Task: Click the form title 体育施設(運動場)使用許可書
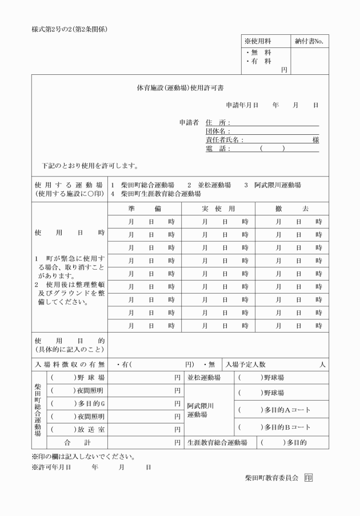[x=180, y=89]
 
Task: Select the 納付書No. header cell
[x=310, y=41]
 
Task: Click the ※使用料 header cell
[x=258, y=41]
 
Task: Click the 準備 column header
[x=145, y=209]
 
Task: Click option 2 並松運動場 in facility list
[x=209, y=185]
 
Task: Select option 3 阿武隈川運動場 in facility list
[x=273, y=185]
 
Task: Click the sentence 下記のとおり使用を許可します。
[x=90, y=166]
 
